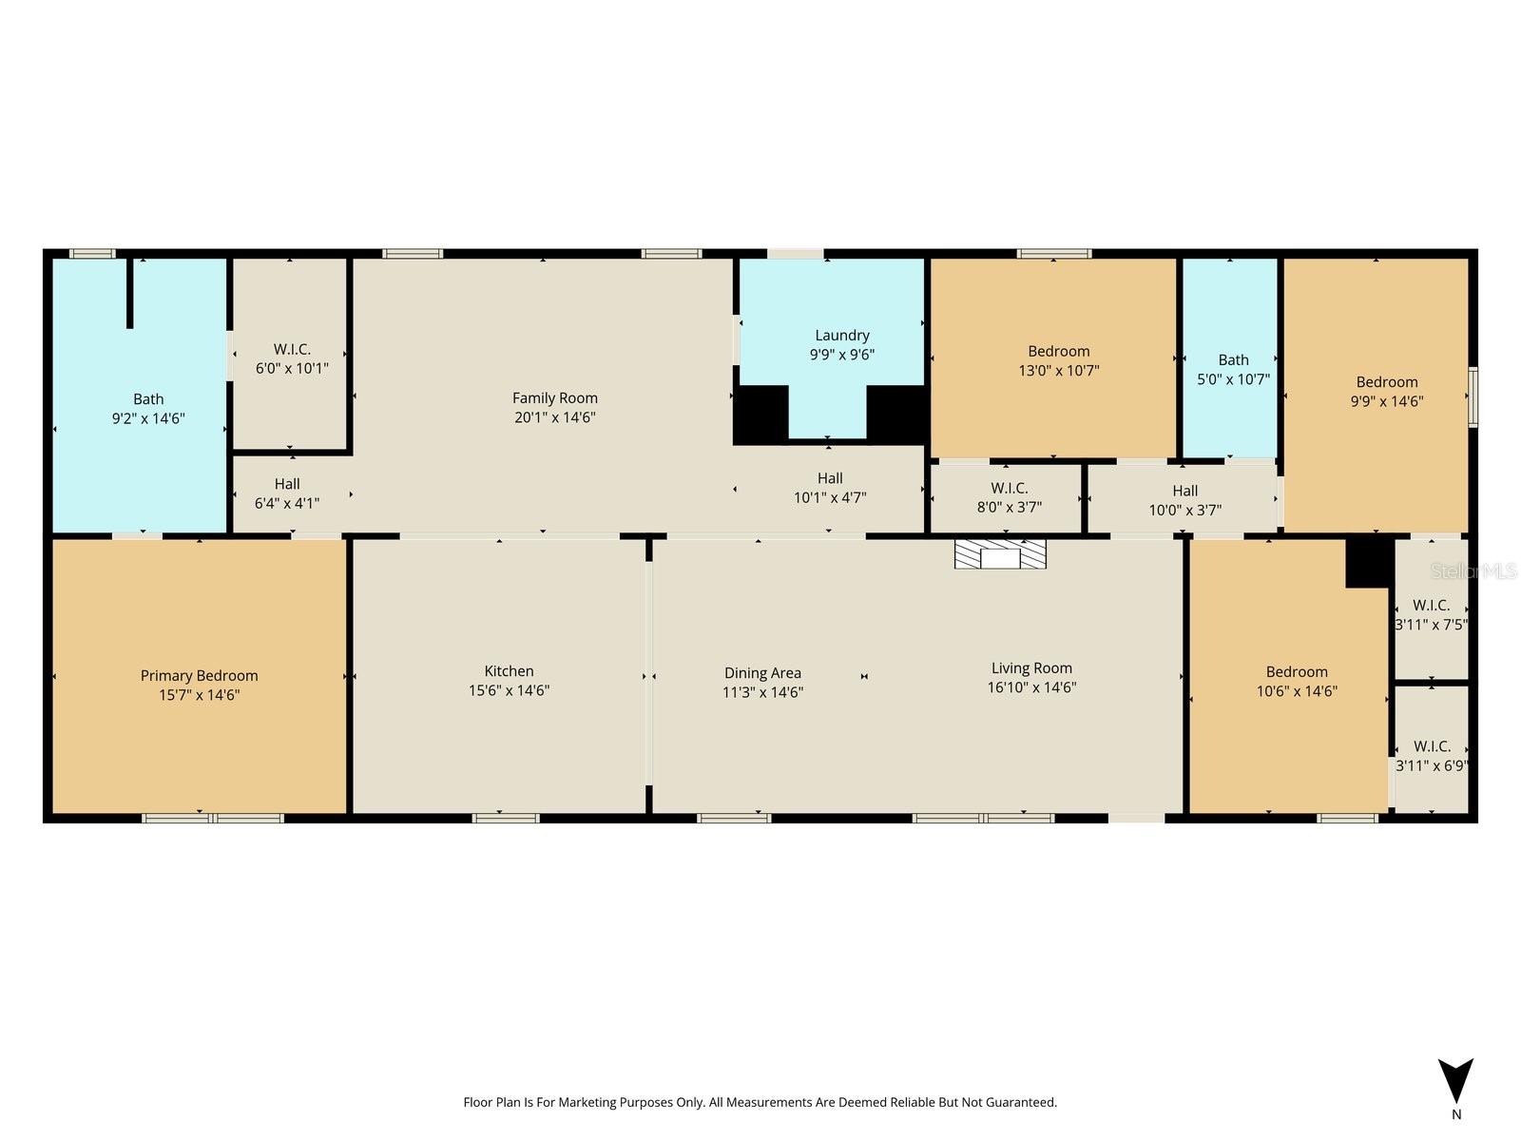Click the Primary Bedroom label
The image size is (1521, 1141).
coord(199,676)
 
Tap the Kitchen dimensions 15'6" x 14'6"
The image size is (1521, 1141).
coord(509,691)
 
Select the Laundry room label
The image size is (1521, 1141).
coord(841,336)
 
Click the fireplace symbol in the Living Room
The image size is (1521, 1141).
coord(1000,554)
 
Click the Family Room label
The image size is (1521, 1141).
coord(554,398)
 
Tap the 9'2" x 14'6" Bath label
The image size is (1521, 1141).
coord(148,409)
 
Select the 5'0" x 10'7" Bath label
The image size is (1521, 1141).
coord(1233,369)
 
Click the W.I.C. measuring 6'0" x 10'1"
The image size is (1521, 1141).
coord(292,358)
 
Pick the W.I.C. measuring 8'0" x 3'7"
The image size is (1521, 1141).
coord(1009,497)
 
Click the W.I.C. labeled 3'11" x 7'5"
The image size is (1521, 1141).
coord(1431,614)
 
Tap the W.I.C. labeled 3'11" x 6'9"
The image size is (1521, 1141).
coord(1431,755)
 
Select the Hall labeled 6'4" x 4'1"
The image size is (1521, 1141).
coord(287,493)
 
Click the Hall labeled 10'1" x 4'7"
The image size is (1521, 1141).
coord(830,488)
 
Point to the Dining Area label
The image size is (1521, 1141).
coord(762,673)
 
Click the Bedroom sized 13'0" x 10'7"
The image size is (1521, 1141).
coord(1058,360)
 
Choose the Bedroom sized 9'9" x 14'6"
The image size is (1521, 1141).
coord(1387,391)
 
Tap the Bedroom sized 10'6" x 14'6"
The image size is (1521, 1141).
coord(1297,681)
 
